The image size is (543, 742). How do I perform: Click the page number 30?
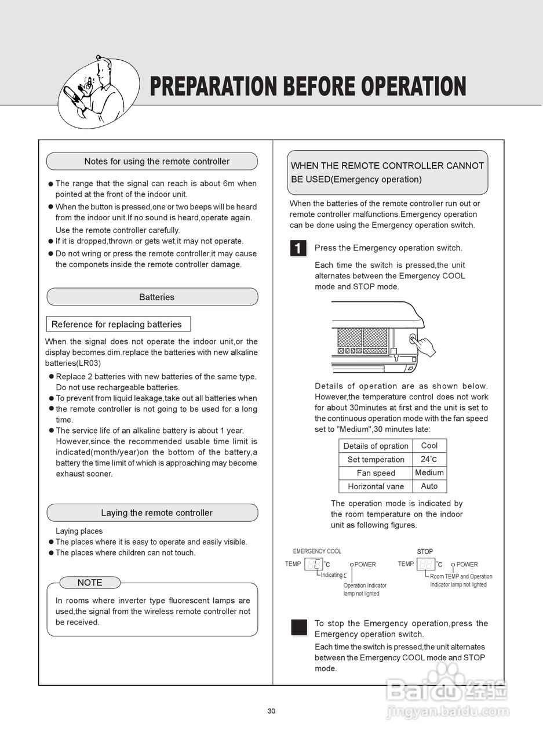click(271, 711)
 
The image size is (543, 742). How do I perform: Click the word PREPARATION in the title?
click(213, 86)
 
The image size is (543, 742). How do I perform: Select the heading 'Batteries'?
click(156, 297)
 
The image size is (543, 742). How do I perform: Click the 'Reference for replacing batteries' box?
click(118, 324)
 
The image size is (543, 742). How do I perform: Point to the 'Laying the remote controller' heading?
click(156, 512)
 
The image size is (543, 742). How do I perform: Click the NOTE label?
click(90, 583)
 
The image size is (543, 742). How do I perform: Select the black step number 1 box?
click(298, 249)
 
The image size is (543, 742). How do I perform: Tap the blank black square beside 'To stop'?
click(299, 627)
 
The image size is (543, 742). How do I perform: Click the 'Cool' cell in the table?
click(429, 445)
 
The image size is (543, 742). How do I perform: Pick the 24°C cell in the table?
click(429, 459)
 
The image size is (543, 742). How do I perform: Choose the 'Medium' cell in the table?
click(429, 472)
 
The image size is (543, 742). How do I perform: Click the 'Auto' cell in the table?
click(429, 486)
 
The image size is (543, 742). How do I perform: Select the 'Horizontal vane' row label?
click(376, 486)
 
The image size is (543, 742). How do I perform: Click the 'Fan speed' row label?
click(376, 473)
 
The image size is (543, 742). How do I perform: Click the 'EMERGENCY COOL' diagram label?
click(317, 551)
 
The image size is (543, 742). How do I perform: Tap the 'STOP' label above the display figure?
click(425, 551)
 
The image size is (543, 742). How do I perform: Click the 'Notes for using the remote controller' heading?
click(156, 161)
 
